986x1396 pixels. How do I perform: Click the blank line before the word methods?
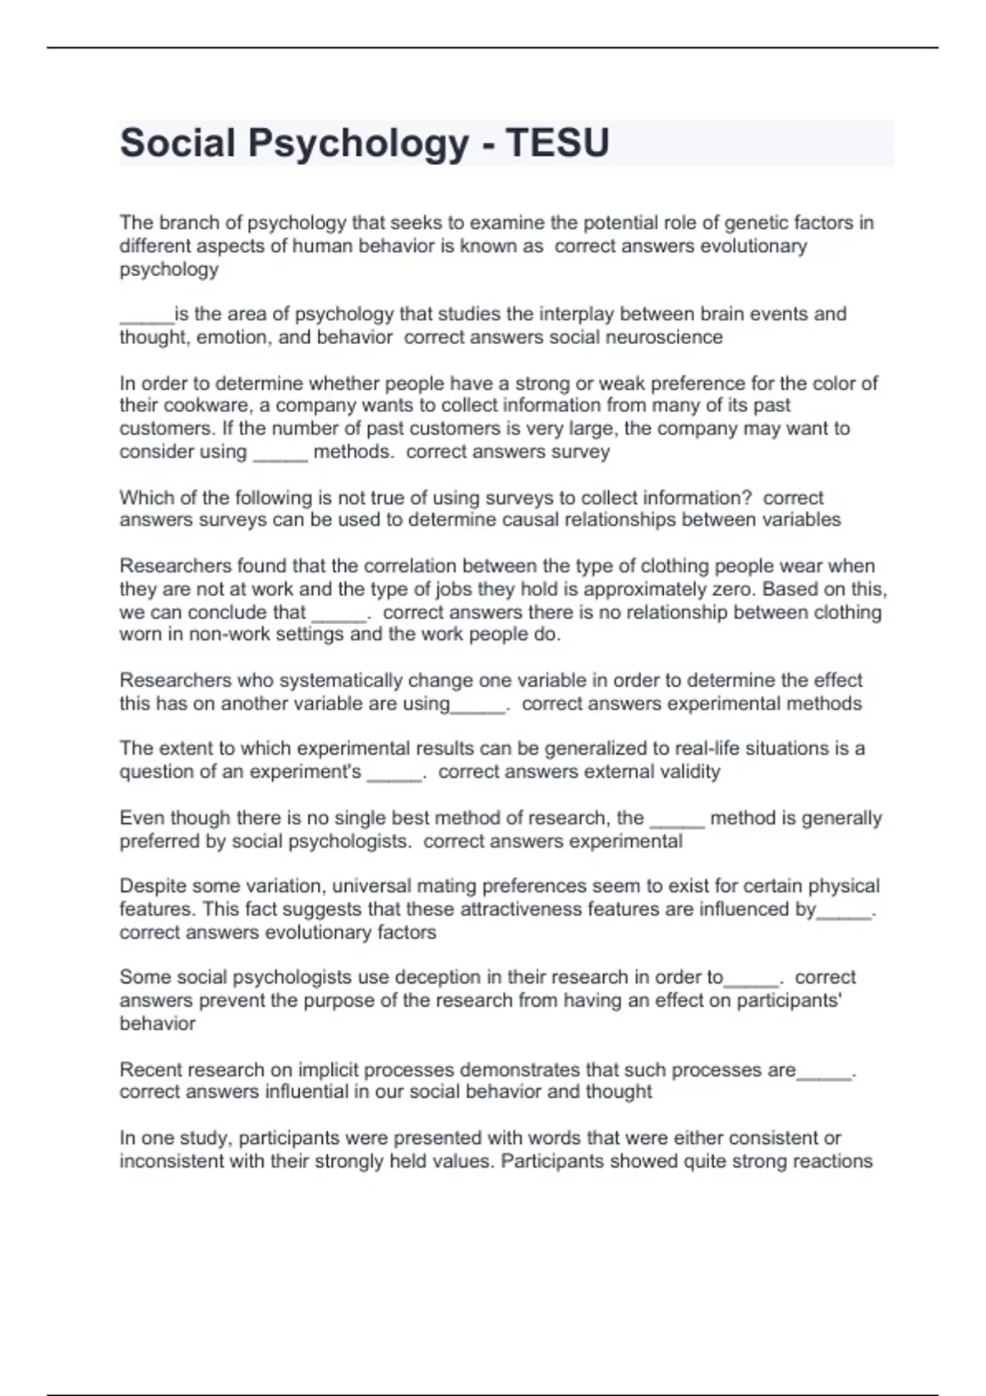pyautogui.click(x=280, y=452)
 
